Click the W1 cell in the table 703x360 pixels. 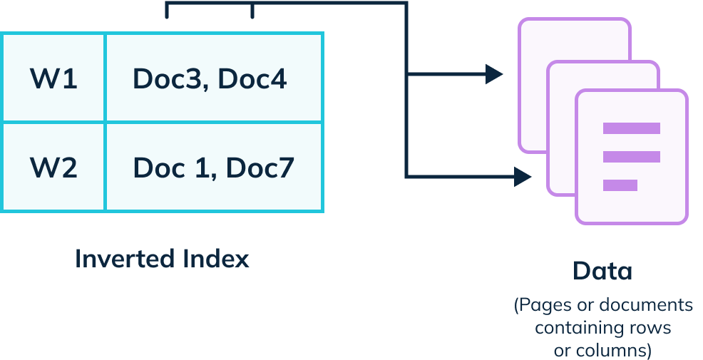point(53,78)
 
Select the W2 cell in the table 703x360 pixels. point(53,168)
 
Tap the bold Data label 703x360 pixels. point(602,272)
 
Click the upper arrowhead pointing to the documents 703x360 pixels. point(494,73)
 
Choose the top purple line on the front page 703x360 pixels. point(631,128)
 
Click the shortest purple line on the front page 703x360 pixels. point(620,185)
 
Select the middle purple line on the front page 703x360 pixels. point(631,157)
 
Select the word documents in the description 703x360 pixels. point(646,306)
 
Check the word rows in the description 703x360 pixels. point(650,329)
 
